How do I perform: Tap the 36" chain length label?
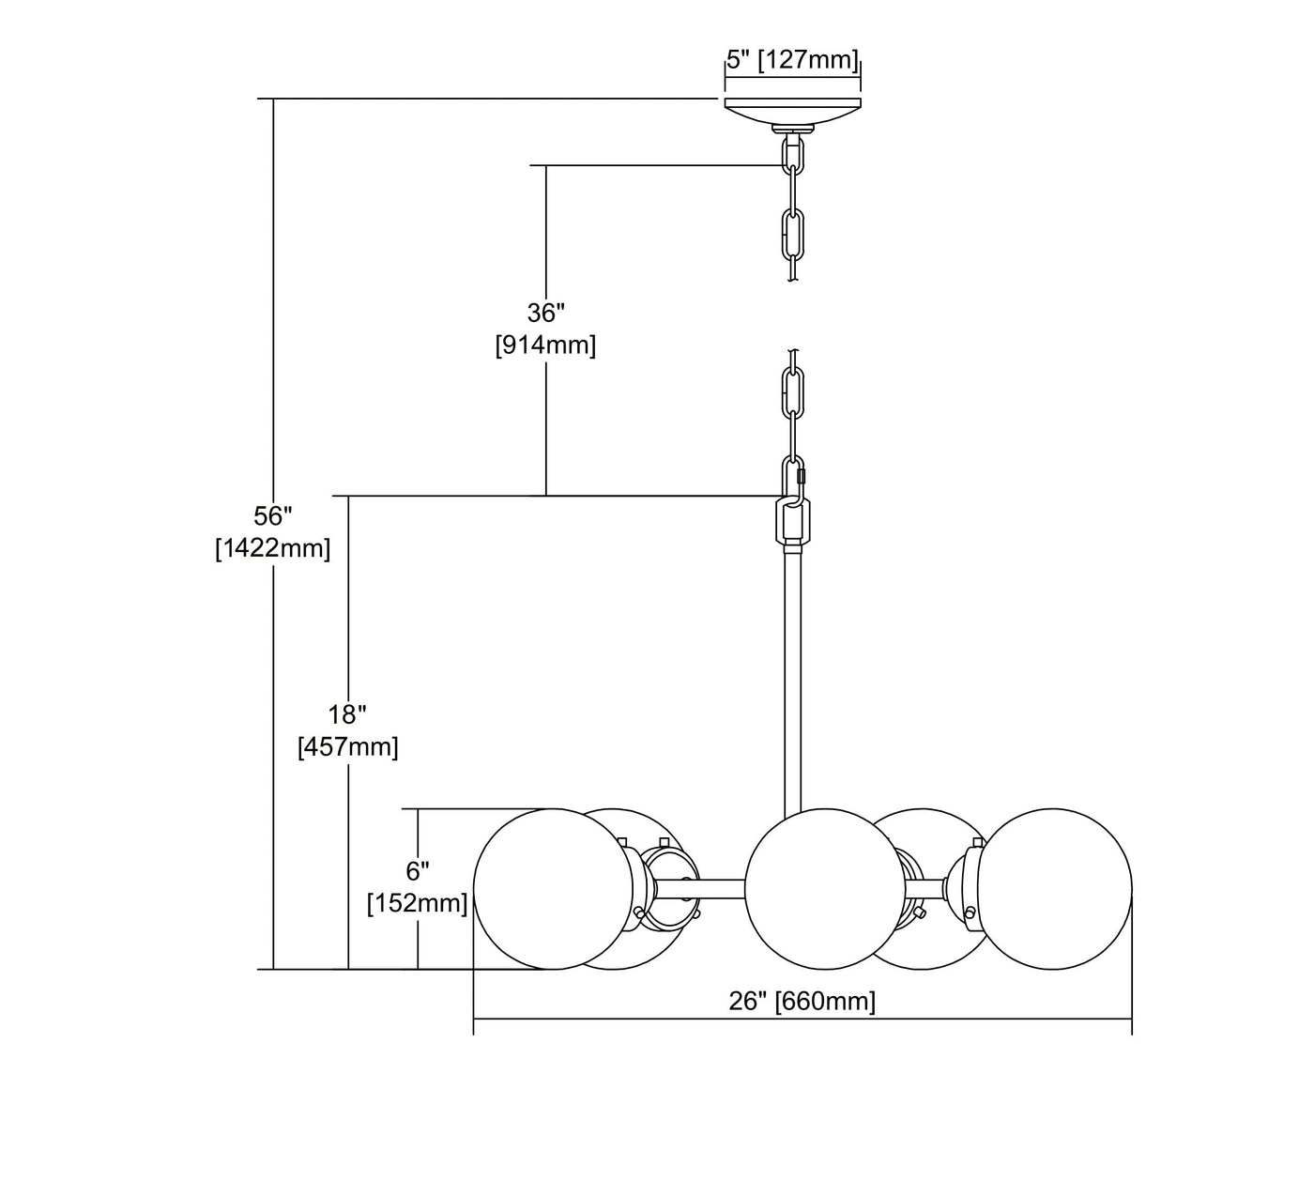click(546, 313)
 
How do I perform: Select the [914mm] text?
click(545, 345)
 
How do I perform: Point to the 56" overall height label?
click(273, 515)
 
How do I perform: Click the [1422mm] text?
click(273, 548)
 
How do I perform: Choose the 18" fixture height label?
click(347, 714)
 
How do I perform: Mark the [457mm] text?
click(347, 747)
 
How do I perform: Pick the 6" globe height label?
click(418, 870)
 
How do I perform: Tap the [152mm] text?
click(418, 903)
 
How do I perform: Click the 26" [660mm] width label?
click(802, 1001)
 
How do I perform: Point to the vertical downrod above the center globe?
click(792, 676)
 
